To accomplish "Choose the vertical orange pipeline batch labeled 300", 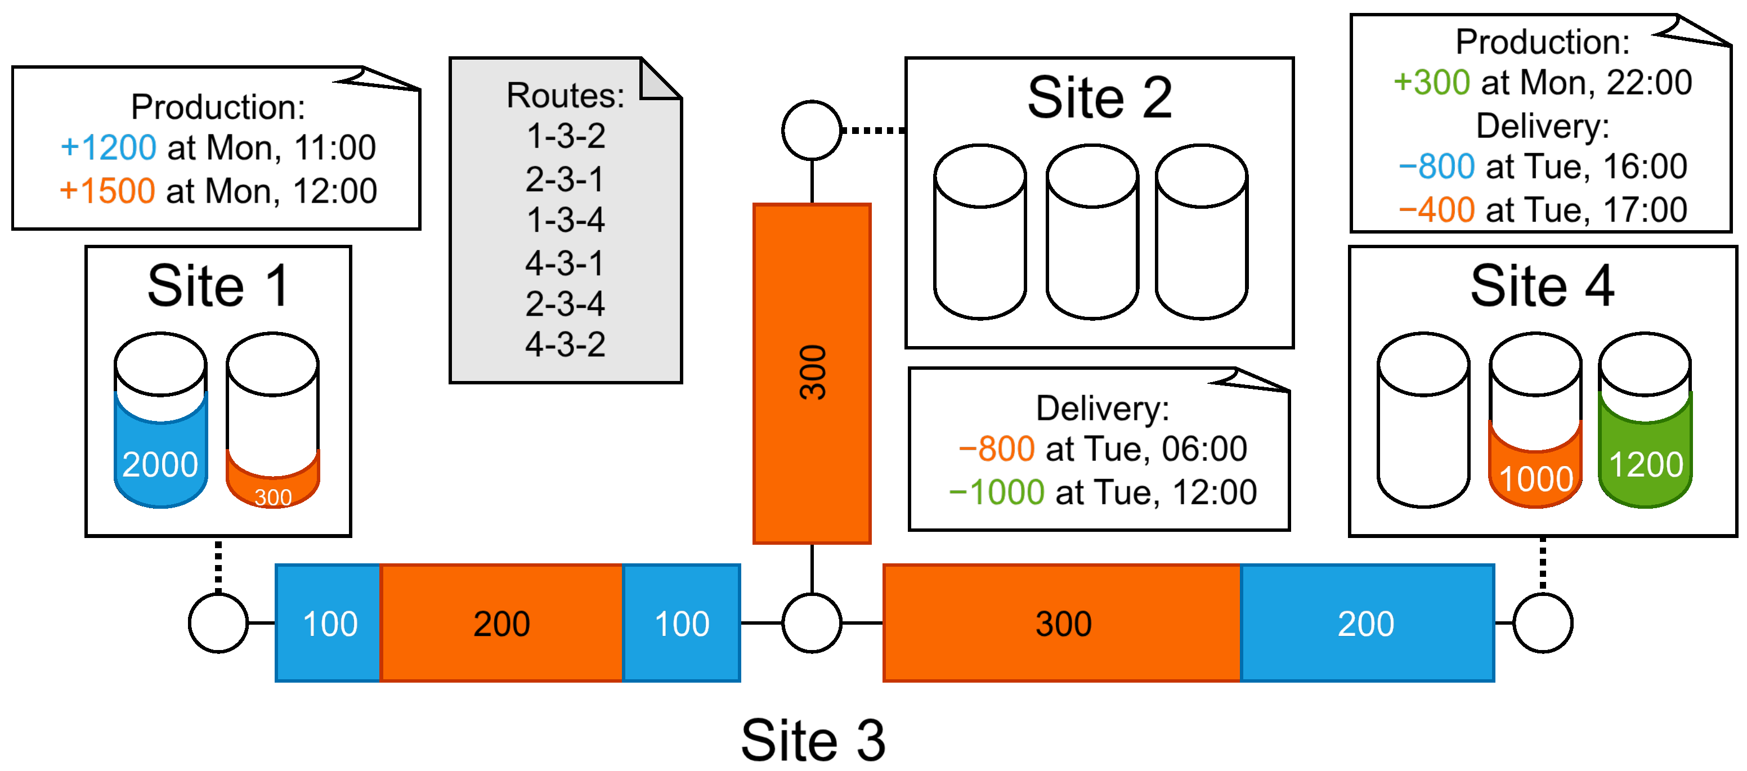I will tap(812, 373).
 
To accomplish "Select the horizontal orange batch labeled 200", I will tap(501, 622).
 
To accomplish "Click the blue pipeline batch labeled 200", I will tap(1366, 622).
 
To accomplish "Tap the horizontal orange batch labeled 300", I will tap(1062, 622).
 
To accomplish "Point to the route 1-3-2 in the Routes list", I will tap(566, 136).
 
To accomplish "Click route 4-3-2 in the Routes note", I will tap(566, 344).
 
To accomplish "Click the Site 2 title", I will tap(1099, 98).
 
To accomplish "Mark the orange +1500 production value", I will tap(107, 191).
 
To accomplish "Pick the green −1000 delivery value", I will tap(996, 492).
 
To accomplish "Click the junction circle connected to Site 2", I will tap(811, 130).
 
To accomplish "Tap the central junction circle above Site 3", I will tap(811, 622).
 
